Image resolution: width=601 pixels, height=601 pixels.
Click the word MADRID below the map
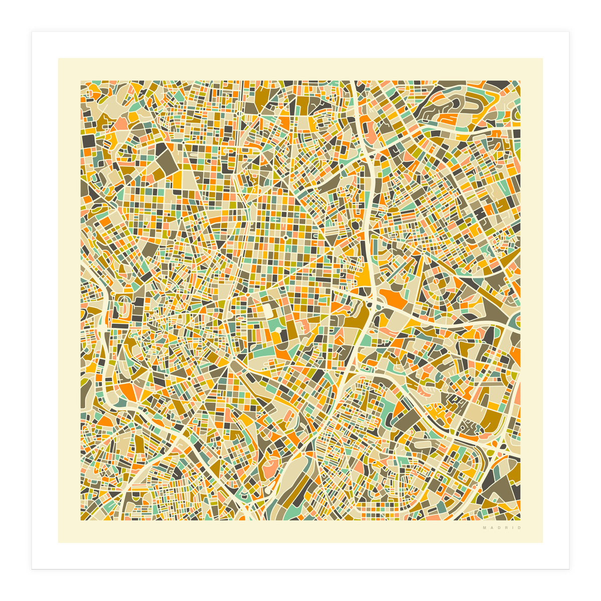tap(502, 528)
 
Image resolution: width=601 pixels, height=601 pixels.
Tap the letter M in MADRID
tap(484, 528)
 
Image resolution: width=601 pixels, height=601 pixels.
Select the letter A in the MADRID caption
tap(491, 528)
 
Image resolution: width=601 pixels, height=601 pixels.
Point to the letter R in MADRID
tap(506, 528)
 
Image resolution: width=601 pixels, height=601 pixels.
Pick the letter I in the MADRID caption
tap(512, 528)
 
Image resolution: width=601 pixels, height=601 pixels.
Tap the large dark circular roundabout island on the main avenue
tap(355, 225)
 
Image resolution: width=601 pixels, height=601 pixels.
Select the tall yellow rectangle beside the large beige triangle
tap(177, 180)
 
